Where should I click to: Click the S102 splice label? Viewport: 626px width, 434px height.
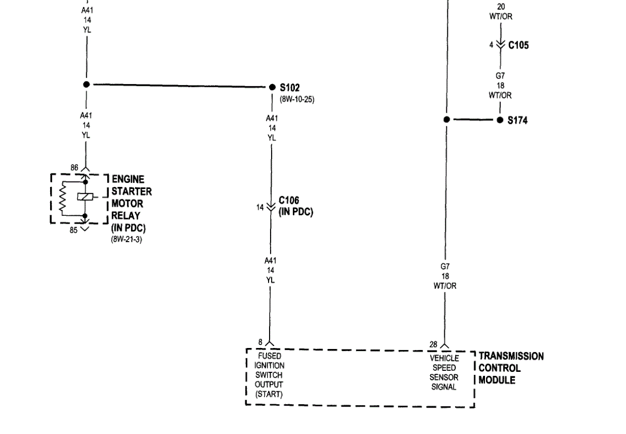click(290, 88)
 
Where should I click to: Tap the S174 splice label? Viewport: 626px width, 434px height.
click(517, 120)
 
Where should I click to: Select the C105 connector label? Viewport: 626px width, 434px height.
click(518, 45)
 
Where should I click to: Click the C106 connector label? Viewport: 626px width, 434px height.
click(289, 200)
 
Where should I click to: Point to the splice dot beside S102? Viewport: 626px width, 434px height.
click(272, 87)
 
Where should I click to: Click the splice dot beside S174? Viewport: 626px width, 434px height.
click(500, 120)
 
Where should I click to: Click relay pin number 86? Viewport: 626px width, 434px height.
click(74, 168)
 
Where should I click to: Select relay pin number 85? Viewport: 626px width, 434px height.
click(73, 230)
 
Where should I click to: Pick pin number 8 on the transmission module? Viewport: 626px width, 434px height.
click(260, 342)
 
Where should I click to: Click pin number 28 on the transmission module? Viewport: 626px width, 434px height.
click(433, 344)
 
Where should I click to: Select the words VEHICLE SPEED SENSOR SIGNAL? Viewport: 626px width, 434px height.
click(444, 372)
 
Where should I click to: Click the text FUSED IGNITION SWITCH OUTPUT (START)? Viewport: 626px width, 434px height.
click(270, 375)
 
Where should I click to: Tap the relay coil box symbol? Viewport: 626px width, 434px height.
click(84, 197)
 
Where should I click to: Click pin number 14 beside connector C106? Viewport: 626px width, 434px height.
click(260, 207)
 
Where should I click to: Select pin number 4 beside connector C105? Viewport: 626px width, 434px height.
click(491, 45)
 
